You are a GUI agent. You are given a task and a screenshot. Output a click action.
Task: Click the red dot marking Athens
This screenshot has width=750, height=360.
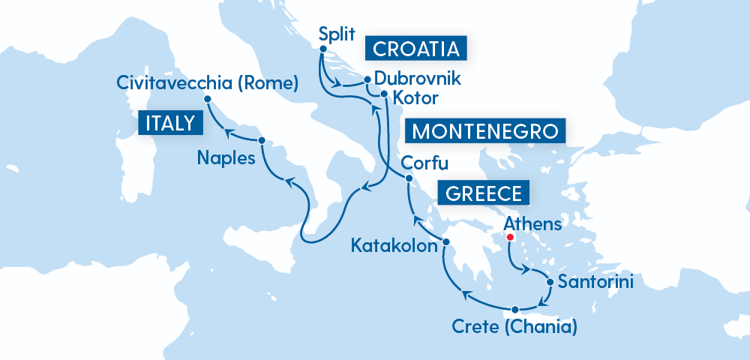coord(510,238)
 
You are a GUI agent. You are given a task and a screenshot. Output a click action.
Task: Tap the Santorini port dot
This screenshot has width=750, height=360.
coord(551,283)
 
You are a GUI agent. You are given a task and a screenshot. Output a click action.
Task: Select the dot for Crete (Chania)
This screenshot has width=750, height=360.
coord(515,310)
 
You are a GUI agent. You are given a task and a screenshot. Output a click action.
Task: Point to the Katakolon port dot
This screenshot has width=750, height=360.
coord(445,242)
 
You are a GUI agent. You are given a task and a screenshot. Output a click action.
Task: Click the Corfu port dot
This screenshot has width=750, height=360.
coord(409,178)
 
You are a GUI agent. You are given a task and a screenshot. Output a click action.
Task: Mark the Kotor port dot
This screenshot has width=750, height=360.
coord(383,94)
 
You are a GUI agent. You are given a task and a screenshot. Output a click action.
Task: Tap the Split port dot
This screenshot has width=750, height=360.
coord(322,49)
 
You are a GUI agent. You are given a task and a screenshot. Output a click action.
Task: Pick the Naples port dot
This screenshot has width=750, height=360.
coord(261,141)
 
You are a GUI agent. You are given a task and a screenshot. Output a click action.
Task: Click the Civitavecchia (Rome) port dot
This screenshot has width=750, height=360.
coord(207,98)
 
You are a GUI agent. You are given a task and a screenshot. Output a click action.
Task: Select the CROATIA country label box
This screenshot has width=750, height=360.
coord(415,49)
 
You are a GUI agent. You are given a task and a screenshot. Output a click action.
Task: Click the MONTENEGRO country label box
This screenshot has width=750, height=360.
coord(485,131)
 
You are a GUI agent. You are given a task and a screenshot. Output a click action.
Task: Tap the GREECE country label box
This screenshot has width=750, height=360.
coord(483,193)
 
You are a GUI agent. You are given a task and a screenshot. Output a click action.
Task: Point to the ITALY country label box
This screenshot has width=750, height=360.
coord(170,124)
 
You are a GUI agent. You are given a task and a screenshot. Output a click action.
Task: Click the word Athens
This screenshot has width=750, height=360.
coord(532,223)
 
